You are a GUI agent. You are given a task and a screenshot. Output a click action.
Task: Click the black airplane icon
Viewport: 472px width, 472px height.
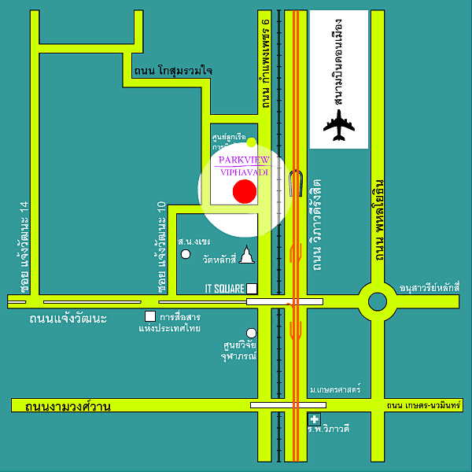339,125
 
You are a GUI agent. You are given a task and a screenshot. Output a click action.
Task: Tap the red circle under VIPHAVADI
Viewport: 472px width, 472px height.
245,192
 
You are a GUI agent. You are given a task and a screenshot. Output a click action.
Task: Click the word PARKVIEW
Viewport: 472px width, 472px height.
243,160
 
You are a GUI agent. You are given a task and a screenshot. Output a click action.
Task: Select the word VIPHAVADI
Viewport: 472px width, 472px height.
243,172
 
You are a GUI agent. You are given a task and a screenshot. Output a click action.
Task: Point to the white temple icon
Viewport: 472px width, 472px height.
247,255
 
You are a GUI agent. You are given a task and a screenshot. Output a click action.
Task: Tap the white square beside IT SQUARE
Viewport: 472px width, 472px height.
252,288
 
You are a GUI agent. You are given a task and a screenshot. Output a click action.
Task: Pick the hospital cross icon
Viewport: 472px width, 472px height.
315,419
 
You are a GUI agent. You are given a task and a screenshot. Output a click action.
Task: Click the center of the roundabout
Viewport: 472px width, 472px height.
375,300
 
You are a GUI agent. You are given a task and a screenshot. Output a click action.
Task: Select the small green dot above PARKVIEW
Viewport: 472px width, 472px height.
251,142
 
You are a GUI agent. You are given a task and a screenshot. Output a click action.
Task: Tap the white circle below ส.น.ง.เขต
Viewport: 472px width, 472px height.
186,254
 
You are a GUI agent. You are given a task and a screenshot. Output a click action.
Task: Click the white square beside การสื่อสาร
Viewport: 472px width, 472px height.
149,316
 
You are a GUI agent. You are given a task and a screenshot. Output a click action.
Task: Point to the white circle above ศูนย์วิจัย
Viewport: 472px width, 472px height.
251,333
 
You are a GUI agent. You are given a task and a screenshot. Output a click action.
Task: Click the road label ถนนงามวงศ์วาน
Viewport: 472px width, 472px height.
68,407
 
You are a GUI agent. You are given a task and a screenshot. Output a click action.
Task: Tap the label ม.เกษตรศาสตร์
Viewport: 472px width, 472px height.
335,389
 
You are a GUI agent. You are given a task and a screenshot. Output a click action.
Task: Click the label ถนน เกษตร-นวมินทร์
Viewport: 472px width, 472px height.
426,406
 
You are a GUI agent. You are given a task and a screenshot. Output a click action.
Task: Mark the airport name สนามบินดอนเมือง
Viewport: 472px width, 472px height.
339,60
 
